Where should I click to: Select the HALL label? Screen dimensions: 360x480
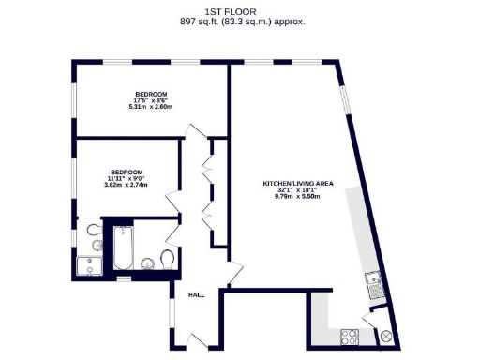[197, 294]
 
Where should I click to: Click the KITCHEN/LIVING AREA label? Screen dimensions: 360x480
[297, 183]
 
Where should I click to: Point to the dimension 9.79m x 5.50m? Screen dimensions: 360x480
[297, 197]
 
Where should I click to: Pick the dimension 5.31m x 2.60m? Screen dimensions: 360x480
[151, 108]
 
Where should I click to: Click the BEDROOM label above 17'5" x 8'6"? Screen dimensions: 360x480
[151, 94]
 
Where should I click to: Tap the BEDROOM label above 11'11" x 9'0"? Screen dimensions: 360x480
[127, 172]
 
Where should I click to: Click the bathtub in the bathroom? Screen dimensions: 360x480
[123, 249]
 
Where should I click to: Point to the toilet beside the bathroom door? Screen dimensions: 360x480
[168, 258]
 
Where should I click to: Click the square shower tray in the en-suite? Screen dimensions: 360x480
[90, 266]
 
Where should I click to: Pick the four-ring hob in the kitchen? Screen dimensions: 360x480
[349, 335]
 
